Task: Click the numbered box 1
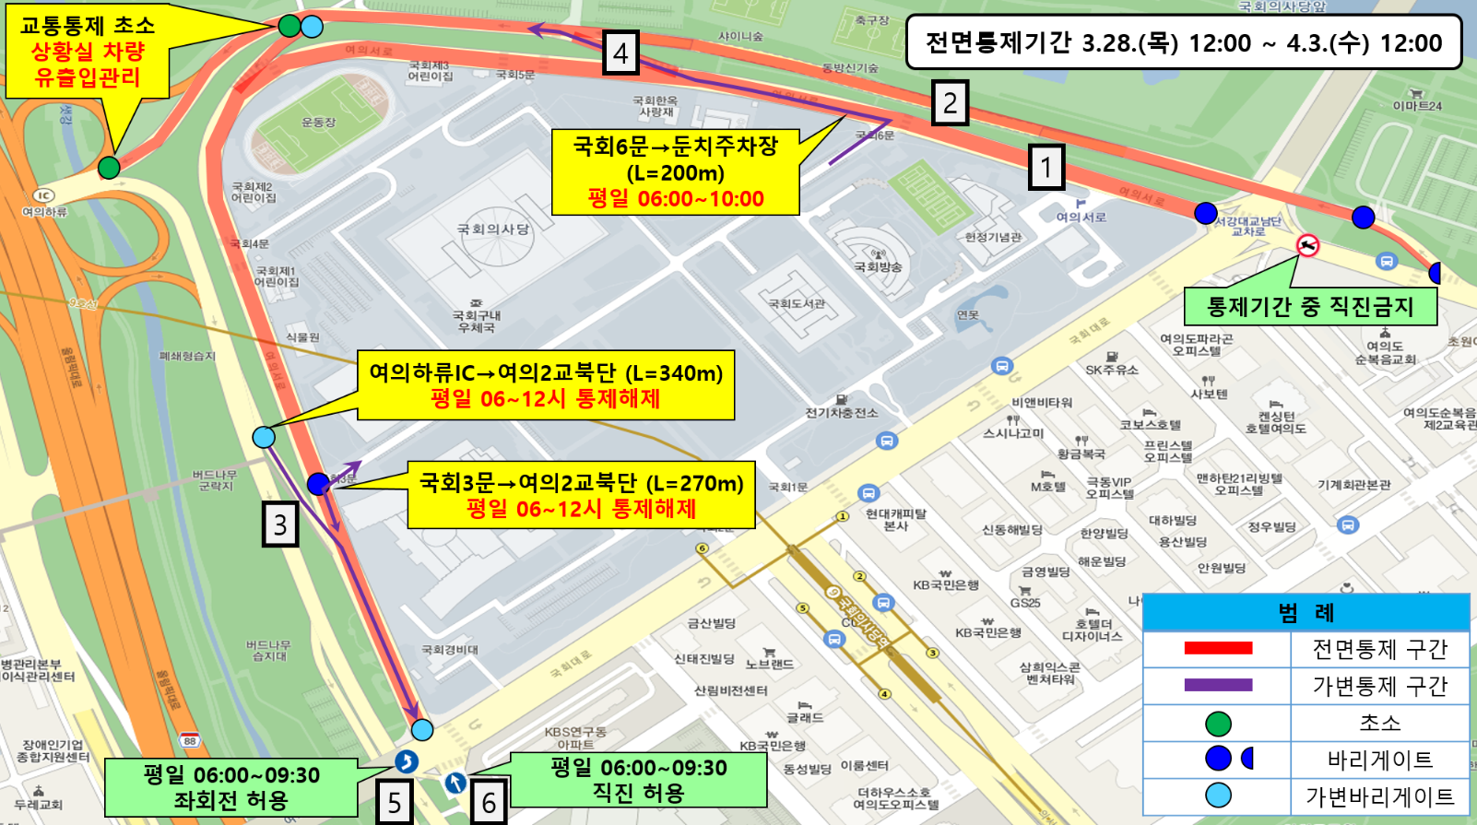tap(1046, 167)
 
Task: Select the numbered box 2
tap(950, 102)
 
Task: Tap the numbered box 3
tap(280, 524)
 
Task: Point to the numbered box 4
tap(620, 53)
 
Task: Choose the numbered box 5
tap(394, 801)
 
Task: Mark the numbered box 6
tap(489, 802)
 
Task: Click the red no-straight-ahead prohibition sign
tap(1307, 245)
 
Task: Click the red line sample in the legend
tap(1218, 648)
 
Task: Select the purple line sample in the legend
tap(1218, 685)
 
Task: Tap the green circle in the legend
tap(1218, 724)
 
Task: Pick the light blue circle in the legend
tap(1218, 796)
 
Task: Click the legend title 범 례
tap(1306, 613)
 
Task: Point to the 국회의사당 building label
tap(493, 230)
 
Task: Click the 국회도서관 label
tap(797, 303)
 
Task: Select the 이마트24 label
tap(1417, 105)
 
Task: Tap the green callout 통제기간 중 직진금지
tap(1309, 307)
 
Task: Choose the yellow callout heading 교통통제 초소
tap(88, 26)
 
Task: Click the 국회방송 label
tap(877, 267)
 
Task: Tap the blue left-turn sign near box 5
tap(407, 761)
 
